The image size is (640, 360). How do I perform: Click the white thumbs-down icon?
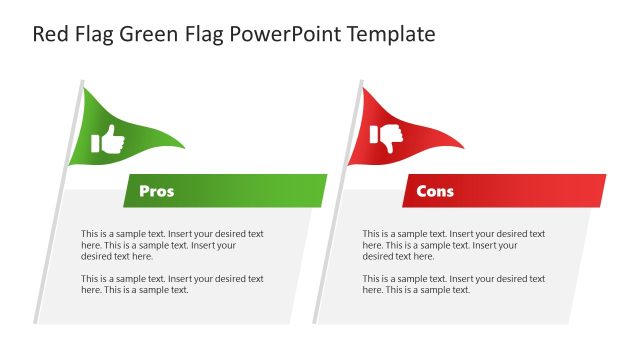[x=387, y=138]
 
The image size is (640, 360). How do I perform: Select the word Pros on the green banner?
[x=156, y=191]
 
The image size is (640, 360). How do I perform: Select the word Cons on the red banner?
[x=435, y=191]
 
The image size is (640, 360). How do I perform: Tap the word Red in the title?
[x=52, y=34]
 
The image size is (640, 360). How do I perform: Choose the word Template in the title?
[x=389, y=34]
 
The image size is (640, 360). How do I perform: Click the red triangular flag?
[x=400, y=128]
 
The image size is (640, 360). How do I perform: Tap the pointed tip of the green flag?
[x=183, y=147]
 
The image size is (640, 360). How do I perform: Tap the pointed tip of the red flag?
[x=462, y=147]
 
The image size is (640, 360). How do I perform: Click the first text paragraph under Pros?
[x=172, y=245]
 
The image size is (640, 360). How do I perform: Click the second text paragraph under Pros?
[x=172, y=284]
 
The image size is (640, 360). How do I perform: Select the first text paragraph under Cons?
[x=453, y=245]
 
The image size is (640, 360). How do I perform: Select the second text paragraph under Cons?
[x=453, y=284]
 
